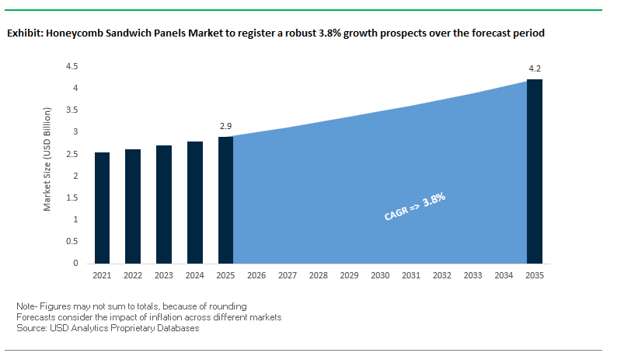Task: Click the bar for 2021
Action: [x=102, y=208]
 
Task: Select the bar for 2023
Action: [x=164, y=204]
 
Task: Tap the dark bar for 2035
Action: [x=535, y=171]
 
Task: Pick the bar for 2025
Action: [x=225, y=200]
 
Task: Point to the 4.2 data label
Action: [x=535, y=68]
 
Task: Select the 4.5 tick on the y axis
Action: [x=71, y=67]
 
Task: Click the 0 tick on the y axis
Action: [x=75, y=264]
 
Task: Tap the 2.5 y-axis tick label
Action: [x=71, y=154]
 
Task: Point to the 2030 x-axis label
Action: [x=380, y=276]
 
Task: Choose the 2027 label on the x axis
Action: [x=288, y=276]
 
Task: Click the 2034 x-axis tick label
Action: [x=504, y=276]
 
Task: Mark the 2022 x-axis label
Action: [x=133, y=276]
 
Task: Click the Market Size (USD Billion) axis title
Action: [x=47, y=160]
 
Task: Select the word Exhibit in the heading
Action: [x=24, y=34]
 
